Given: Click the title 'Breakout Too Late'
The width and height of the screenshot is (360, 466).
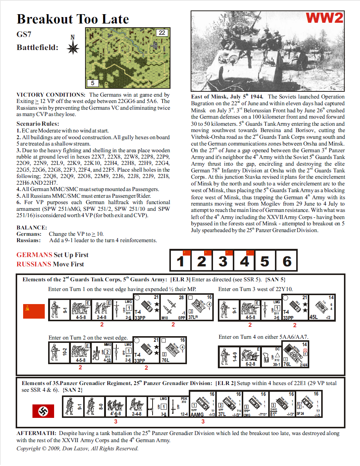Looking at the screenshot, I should point(73,19).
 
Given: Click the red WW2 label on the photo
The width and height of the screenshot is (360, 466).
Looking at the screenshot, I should point(324,18).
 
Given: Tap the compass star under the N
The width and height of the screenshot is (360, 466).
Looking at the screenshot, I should point(73,48).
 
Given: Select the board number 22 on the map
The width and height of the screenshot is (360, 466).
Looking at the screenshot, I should point(162,33).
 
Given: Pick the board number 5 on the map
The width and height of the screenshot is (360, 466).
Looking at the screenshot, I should point(93,83).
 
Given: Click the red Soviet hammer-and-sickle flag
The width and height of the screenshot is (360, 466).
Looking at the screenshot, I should point(34,311).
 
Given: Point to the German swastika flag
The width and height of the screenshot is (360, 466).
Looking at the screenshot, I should point(43,411).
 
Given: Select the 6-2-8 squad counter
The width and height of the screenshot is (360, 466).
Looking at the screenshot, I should point(250,357).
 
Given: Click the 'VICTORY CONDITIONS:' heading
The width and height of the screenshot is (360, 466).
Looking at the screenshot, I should point(51,95).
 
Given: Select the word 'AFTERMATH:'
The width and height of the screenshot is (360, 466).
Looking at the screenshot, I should point(36,433).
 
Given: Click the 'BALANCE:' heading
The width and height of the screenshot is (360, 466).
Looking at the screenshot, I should point(32,228).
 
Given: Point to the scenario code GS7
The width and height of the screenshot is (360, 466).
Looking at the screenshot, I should point(24,34).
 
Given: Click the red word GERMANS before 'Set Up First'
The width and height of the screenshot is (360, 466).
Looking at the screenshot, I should point(34,255).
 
